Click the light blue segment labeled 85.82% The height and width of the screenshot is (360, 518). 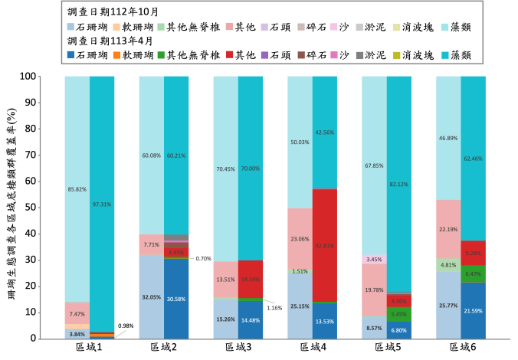click(x=77, y=189)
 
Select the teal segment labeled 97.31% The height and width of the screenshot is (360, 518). click(x=102, y=204)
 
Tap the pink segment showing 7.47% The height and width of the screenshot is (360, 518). click(x=77, y=313)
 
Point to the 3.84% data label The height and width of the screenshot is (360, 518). click(x=77, y=334)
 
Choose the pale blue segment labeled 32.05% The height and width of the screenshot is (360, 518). click(x=151, y=297)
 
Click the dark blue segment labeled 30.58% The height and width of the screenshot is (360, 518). click(x=176, y=299)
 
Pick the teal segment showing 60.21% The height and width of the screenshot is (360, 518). click(x=176, y=155)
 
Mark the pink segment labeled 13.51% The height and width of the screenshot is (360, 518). click(x=225, y=280)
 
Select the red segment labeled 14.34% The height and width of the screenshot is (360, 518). click(x=251, y=280)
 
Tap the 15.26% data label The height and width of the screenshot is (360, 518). click(x=225, y=319)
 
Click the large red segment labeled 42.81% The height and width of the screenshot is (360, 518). click(x=325, y=245)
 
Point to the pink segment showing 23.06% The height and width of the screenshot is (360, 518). click(x=300, y=239)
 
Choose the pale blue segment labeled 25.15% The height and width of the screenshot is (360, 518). click(x=300, y=306)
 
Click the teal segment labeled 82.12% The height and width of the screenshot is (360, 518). click(x=399, y=184)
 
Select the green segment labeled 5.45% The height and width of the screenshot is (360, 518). click(x=399, y=314)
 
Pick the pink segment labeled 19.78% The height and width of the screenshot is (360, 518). click(x=374, y=290)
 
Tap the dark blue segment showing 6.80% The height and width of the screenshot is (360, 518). click(x=399, y=330)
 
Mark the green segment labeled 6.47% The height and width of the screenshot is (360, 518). click(x=474, y=273)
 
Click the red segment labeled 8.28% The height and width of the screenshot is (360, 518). click(x=474, y=253)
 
